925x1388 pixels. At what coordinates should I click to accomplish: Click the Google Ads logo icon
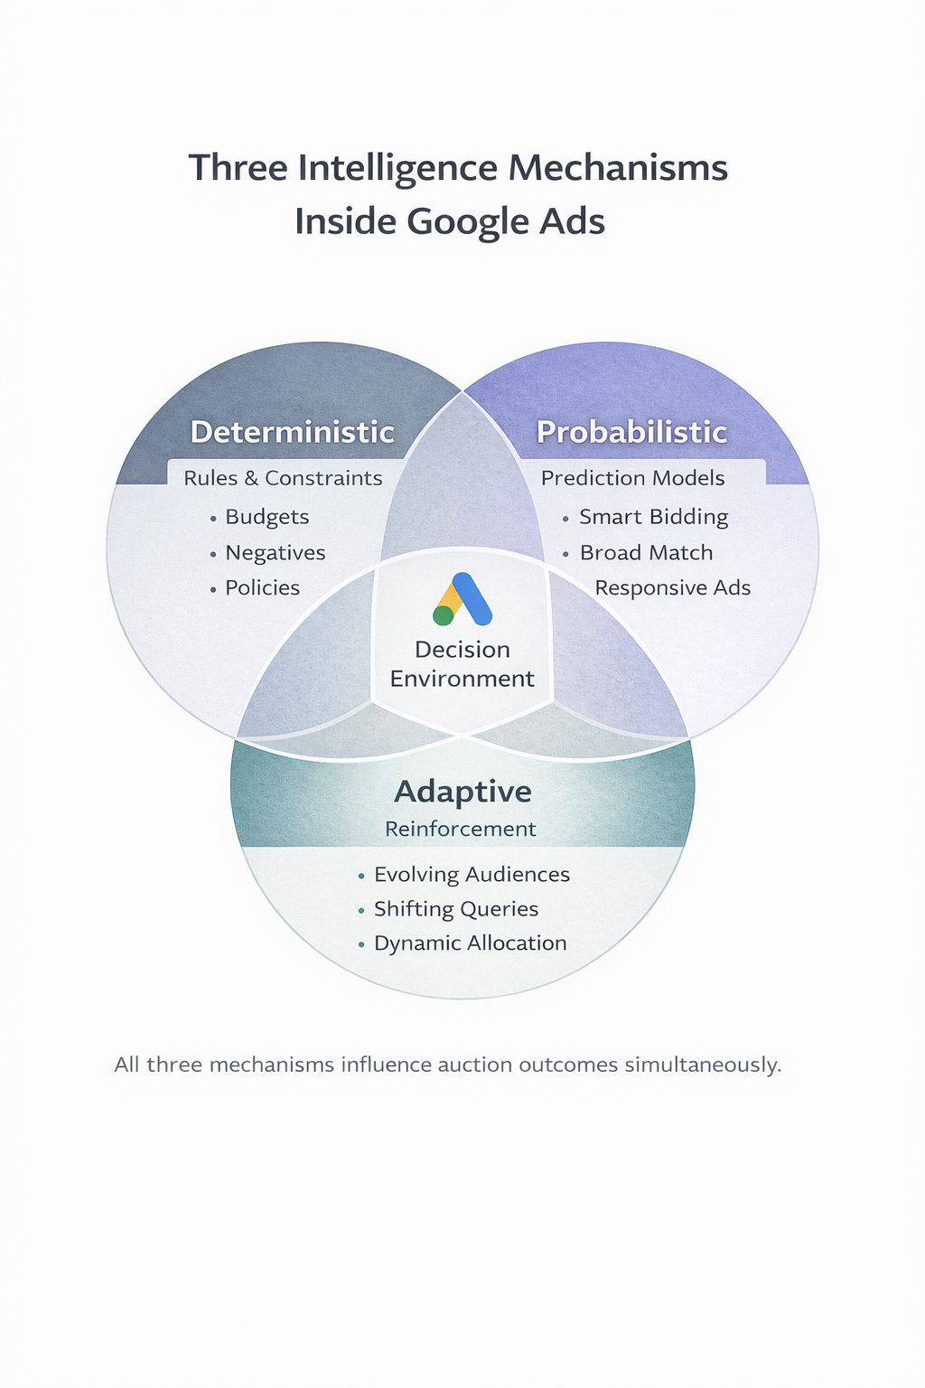click(x=462, y=600)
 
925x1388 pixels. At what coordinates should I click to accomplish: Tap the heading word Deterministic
click(x=292, y=432)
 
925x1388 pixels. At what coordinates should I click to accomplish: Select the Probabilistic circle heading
click(x=631, y=432)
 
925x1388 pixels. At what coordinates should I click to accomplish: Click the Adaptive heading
click(x=462, y=792)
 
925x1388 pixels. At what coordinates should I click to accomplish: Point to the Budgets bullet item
click(x=266, y=517)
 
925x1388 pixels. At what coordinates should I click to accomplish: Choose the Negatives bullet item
click(x=275, y=553)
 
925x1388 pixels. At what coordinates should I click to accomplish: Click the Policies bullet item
click(x=262, y=588)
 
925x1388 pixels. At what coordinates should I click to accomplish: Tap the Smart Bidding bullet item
click(x=653, y=517)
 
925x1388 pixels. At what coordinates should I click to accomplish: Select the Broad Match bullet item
click(x=646, y=553)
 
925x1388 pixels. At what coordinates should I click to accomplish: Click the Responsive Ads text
click(x=672, y=588)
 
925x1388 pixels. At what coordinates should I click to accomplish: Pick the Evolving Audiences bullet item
click(x=472, y=875)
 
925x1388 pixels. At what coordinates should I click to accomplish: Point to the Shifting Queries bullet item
click(x=455, y=909)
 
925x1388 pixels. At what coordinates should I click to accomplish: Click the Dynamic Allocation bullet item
click(x=470, y=943)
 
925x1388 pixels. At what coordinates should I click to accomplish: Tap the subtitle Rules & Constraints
click(x=283, y=478)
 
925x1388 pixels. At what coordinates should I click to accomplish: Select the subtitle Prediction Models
click(x=632, y=478)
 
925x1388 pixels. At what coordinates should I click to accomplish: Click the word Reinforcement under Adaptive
click(x=461, y=830)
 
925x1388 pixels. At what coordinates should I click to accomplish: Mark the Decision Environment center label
click(x=462, y=664)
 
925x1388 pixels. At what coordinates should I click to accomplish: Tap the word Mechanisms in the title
click(x=618, y=168)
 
